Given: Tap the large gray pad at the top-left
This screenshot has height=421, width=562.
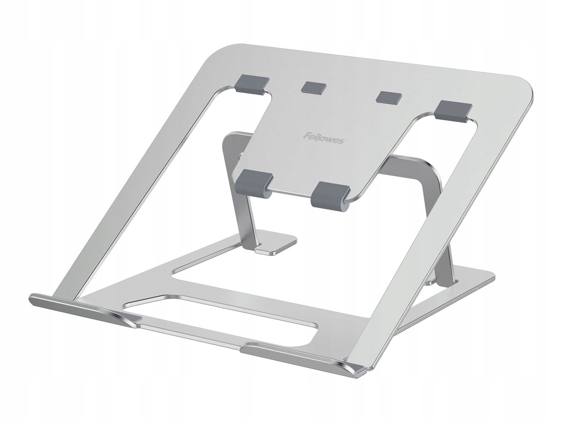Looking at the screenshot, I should click(253, 84).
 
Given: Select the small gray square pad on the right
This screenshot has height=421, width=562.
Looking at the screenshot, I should click(389, 96).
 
